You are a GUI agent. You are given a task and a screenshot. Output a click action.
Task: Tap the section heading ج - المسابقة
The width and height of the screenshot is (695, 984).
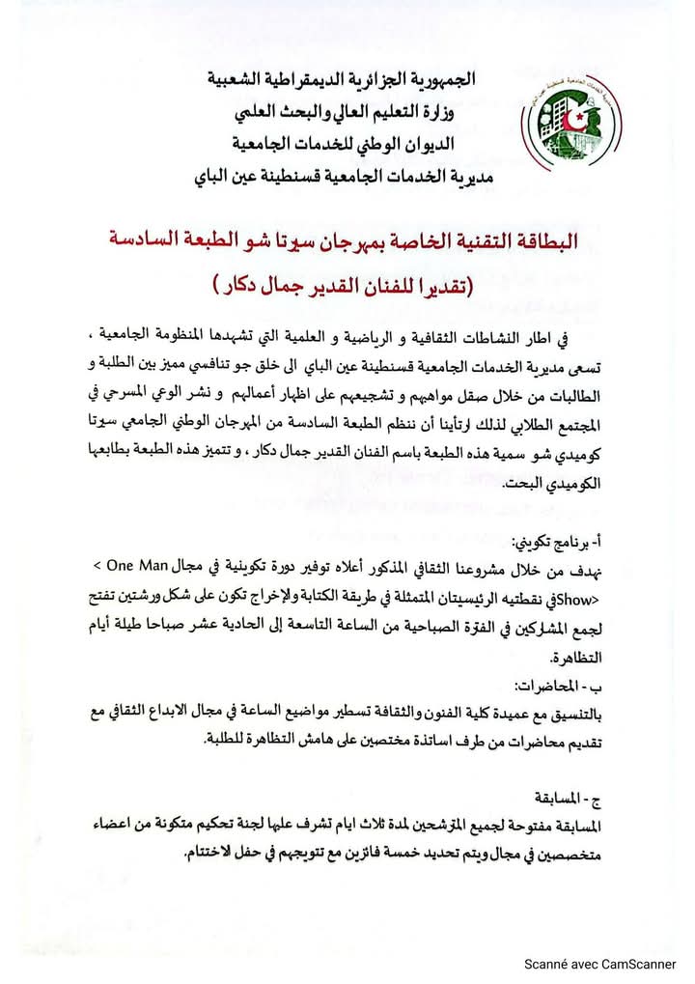pyautogui.click(x=565, y=800)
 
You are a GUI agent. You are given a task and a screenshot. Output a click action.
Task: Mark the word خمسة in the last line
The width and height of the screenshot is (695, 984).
pyautogui.click(x=346, y=857)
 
